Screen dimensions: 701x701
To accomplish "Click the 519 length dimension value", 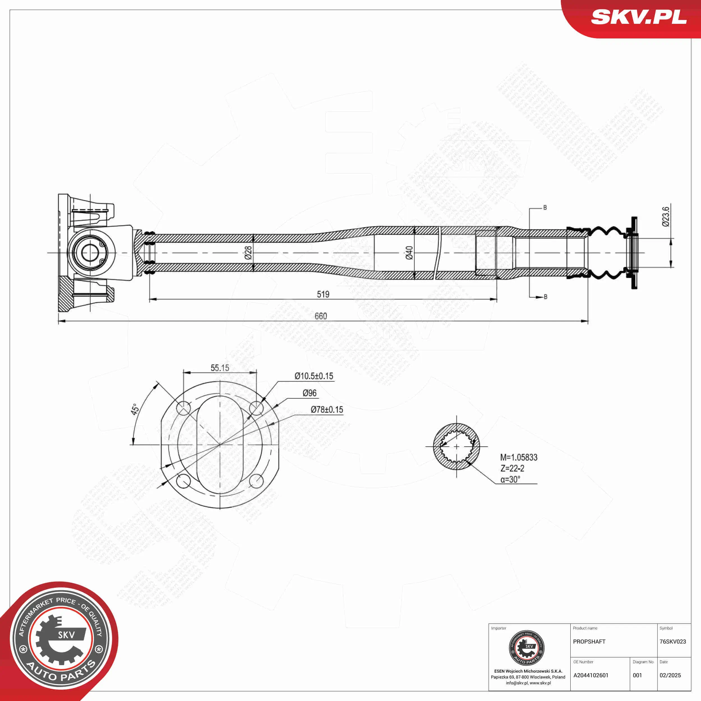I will pyautogui.click(x=323, y=294).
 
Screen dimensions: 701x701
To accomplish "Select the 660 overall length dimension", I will pyautogui.click(x=321, y=316).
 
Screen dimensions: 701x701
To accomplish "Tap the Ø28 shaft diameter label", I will pyautogui.click(x=248, y=253).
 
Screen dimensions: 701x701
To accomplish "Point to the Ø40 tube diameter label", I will pyautogui.click(x=409, y=253).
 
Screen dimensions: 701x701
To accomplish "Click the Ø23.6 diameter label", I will pyautogui.click(x=665, y=217).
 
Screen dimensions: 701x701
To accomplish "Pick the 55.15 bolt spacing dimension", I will pyautogui.click(x=220, y=368).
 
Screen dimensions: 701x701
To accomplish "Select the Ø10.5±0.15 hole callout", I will pyautogui.click(x=314, y=376).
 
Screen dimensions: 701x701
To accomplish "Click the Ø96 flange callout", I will pyautogui.click(x=310, y=393).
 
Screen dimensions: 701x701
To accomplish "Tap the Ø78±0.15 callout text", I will pyautogui.click(x=327, y=410).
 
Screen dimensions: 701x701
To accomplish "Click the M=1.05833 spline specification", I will pyautogui.click(x=518, y=458).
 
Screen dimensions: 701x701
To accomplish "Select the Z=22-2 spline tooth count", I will pyautogui.click(x=512, y=469).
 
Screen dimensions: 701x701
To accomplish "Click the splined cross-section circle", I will pyautogui.click(x=456, y=447).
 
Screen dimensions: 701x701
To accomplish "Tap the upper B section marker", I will pyautogui.click(x=545, y=207).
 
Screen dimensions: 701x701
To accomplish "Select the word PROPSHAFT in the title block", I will pyautogui.click(x=589, y=642).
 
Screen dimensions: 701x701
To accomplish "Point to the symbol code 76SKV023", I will pyautogui.click(x=673, y=642).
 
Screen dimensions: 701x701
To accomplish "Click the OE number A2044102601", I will pyautogui.click(x=591, y=675).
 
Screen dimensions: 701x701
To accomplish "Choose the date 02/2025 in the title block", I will pyautogui.click(x=670, y=675).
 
